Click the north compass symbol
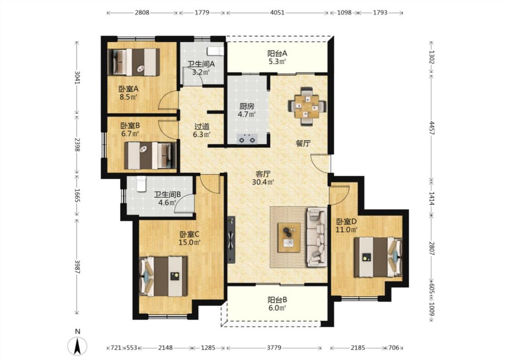tap(78, 346)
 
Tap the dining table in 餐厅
tap(307, 106)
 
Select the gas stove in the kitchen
tap(247, 138)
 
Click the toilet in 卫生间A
tap(216, 51)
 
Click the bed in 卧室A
tap(134, 62)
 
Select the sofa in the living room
tap(316, 237)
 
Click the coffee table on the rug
tap(289, 238)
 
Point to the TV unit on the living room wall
tap(231, 240)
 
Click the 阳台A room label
tap(277, 53)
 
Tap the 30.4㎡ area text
tap(263, 182)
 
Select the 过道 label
tap(202, 126)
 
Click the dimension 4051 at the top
tap(277, 13)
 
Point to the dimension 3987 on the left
tap(77, 266)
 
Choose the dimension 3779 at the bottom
tap(274, 348)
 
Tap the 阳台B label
tap(277, 300)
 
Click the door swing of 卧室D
tap(340, 195)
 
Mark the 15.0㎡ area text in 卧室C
tap(189, 243)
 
